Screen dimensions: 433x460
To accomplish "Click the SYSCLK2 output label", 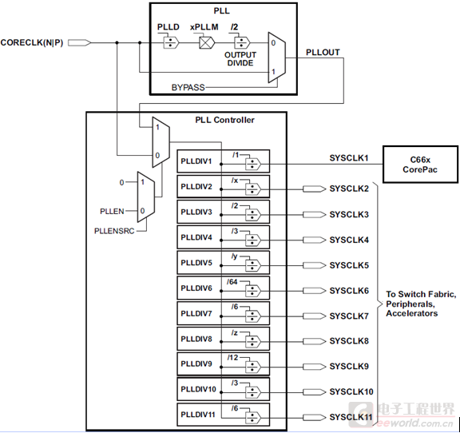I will tap(349, 189).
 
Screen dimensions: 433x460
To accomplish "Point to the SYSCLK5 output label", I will tap(349, 265).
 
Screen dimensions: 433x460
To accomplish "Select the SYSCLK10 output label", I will tap(351, 391).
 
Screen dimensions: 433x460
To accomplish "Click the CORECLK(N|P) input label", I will tap(34, 42).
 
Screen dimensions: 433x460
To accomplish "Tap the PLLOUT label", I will tap(323, 52).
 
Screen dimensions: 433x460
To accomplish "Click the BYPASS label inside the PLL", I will tap(188, 85).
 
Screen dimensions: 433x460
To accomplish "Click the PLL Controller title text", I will tap(224, 120).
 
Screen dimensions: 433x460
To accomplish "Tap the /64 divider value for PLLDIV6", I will tap(232, 281).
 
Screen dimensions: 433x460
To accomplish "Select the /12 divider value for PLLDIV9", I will tap(232, 358).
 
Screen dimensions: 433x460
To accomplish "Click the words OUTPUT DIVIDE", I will tap(240, 59).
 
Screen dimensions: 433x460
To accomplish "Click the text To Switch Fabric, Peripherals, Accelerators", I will tap(420, 304).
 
